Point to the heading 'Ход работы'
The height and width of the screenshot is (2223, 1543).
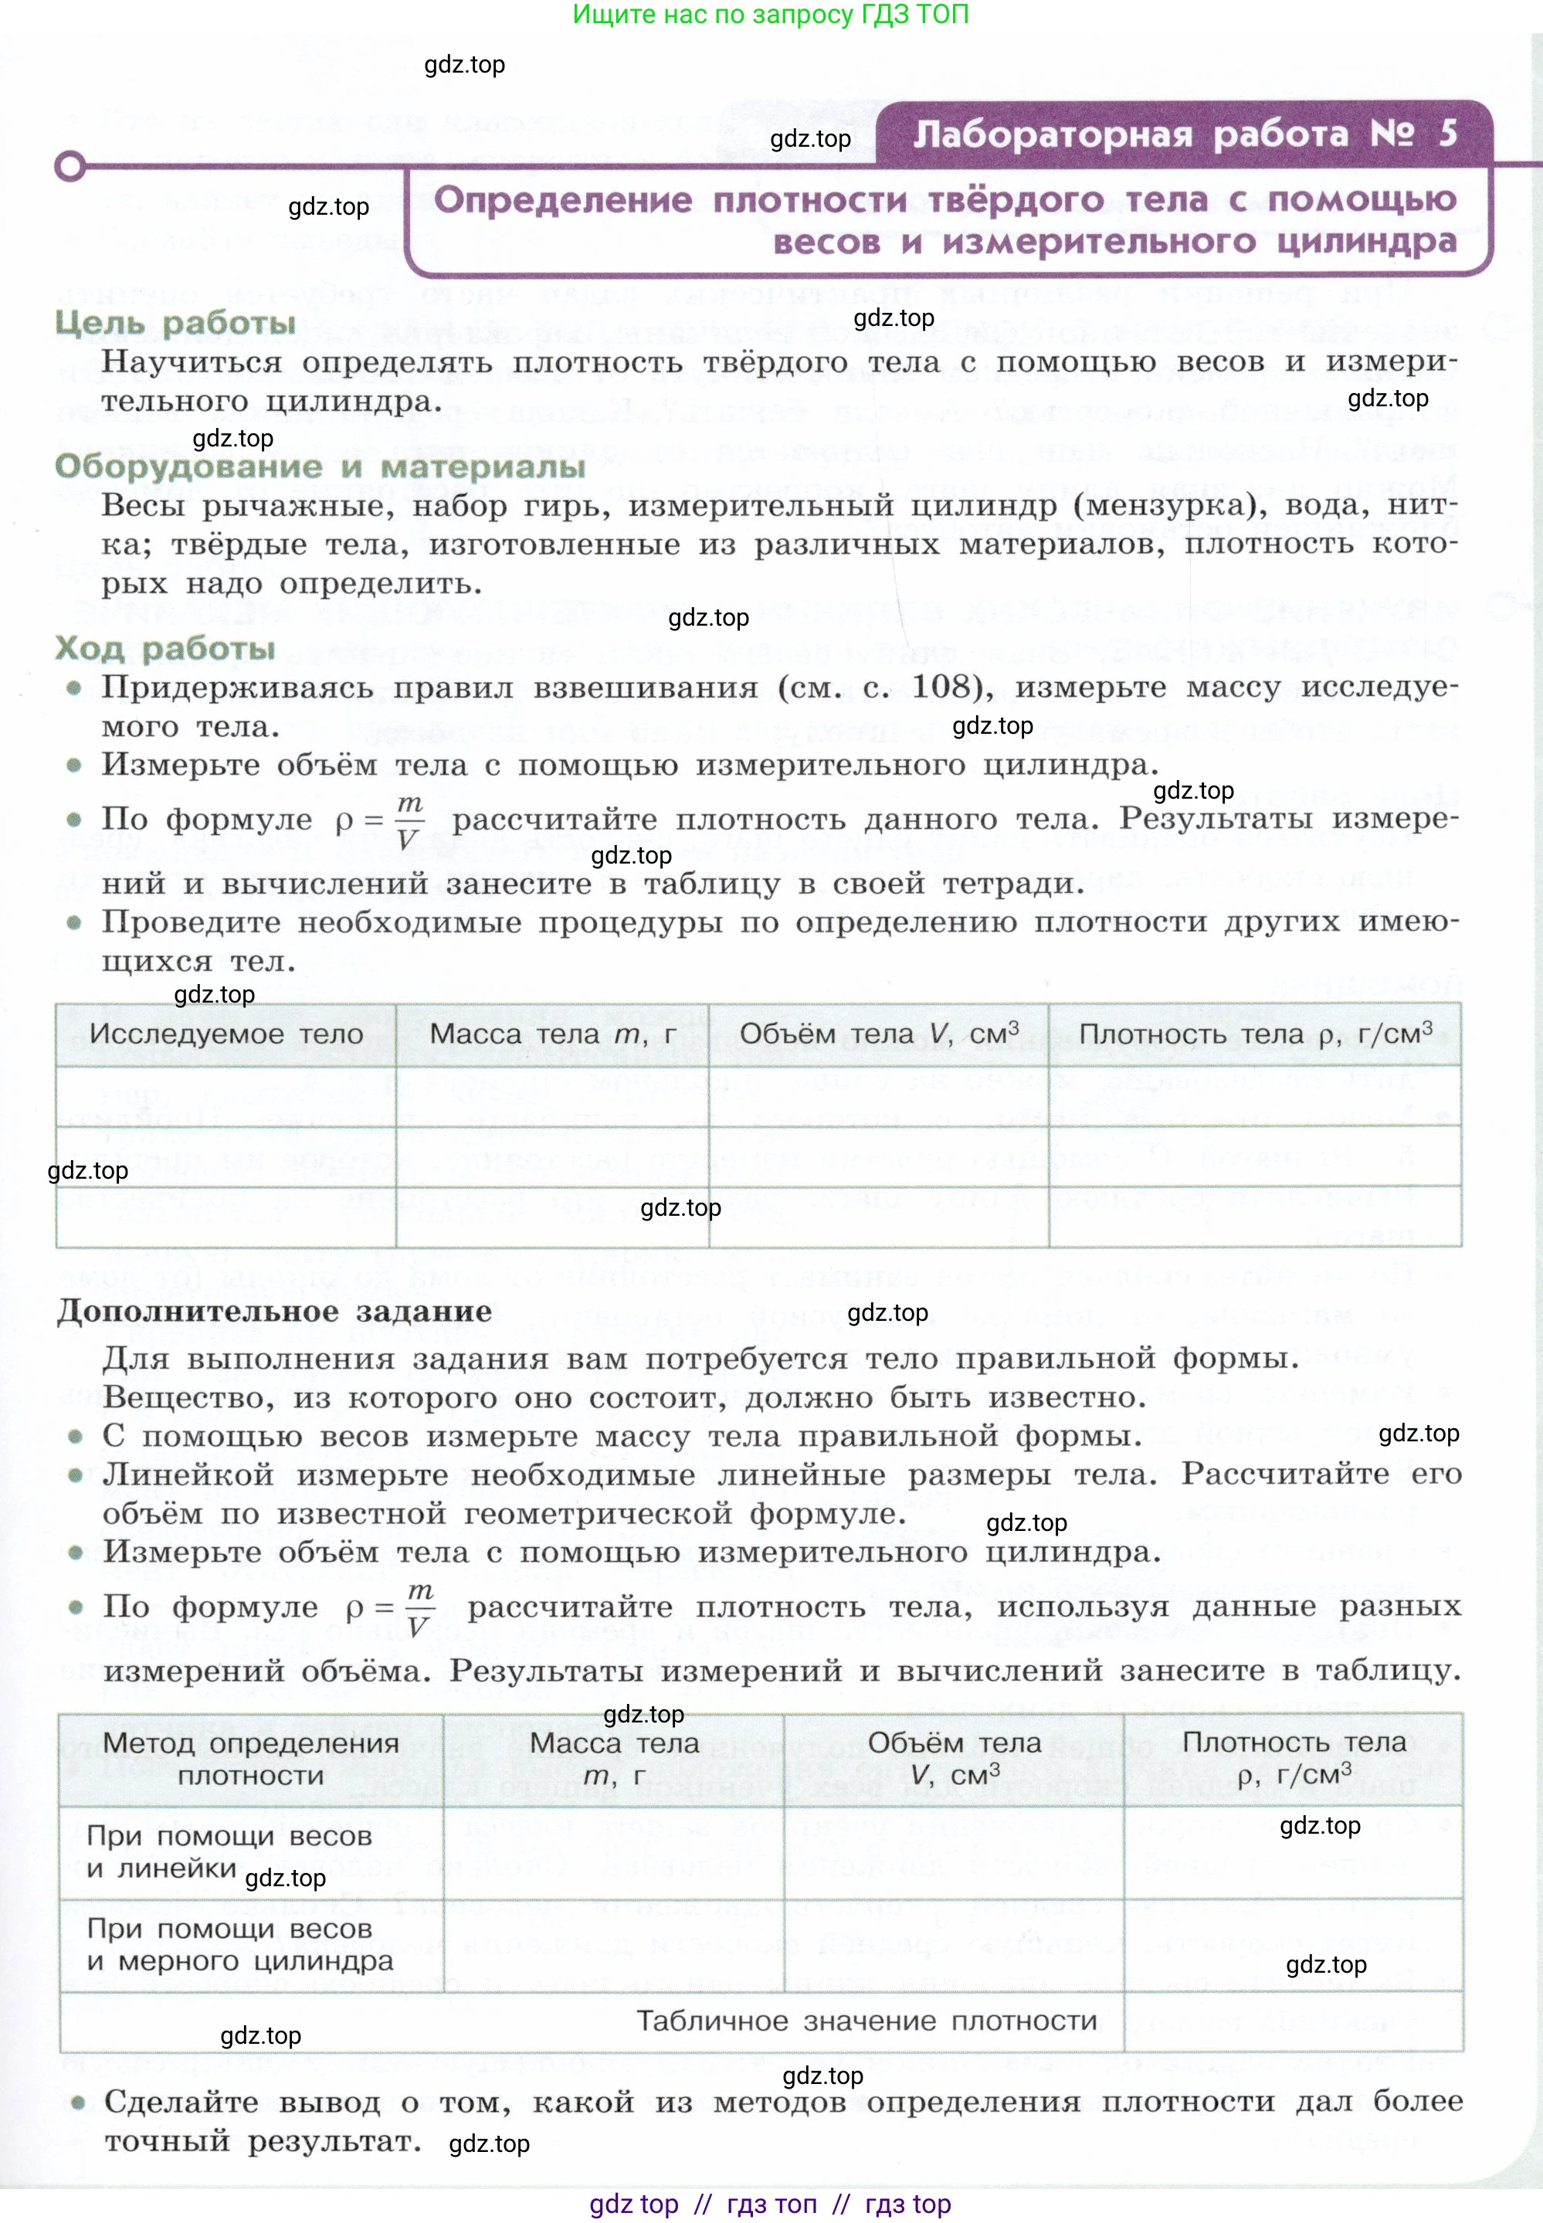click(x=165, y=648)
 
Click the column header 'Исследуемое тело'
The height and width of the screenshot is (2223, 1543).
click(x=226, y=1033)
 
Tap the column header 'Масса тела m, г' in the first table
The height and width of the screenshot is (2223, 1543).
click(x=552, y=1033)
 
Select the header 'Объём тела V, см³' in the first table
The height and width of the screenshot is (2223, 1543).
click(x=878, y=1033)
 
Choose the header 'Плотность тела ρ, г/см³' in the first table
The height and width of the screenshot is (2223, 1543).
click(x=1255, y=1033)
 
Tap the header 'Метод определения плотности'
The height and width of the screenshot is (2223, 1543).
click(x=250, y=1759)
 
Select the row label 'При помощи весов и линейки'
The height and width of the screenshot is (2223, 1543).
click(x=229, y=1851)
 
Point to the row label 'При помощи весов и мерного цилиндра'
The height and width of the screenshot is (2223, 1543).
click(x=239, y=1944)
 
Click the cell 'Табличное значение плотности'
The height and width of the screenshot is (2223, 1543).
click(x=866, y=2021)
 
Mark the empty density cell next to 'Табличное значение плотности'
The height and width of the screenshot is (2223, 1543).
click(x=1293, y=2021)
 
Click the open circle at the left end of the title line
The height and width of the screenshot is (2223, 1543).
click(x=70, y=166)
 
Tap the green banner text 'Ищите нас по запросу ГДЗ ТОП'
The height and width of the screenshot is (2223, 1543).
click(x=771, y=15)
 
